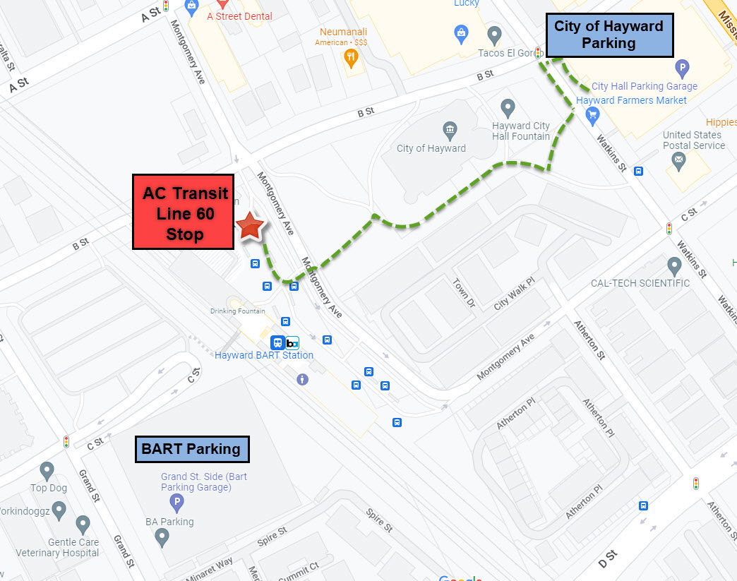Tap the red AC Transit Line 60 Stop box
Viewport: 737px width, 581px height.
click(184, 212)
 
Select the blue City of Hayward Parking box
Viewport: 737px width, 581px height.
click(609, 35)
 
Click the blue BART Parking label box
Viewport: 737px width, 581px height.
click(191, 448)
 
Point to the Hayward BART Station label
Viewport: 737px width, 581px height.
click(264, 355)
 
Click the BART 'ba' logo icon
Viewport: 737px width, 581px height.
click(292, 343)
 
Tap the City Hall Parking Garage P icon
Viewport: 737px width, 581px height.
click(681, 68)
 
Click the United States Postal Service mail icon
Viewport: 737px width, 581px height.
click(678, 162)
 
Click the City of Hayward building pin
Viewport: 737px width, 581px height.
click(450, 131)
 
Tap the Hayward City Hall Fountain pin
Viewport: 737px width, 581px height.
click(507, 109)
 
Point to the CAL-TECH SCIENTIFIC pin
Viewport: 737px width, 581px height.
click(674, 266)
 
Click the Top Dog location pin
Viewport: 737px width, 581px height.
click(47, 470)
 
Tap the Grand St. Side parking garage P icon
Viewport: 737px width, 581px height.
click(176, 503)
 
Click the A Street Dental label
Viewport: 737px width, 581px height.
click(239, 16)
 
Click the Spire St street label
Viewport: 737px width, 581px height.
click(379, 520)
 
